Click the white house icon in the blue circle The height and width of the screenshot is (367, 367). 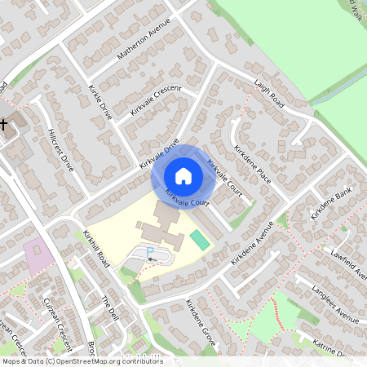tap(183, 175)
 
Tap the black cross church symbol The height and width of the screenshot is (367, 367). tap(4, 125)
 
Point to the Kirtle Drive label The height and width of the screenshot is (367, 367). tap(99, 101)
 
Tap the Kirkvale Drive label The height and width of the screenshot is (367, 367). tap(159, 154)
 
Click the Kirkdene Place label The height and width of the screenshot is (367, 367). tap(252, 164)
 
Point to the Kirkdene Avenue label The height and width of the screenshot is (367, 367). tap(254, 245)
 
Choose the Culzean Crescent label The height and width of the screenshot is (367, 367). tap(57, 323)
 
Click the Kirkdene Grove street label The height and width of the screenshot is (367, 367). tap(199, 324)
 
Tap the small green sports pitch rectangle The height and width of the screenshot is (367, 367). tap(198, 240)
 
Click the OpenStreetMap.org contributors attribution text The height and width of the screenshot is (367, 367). tap(110, 361)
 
